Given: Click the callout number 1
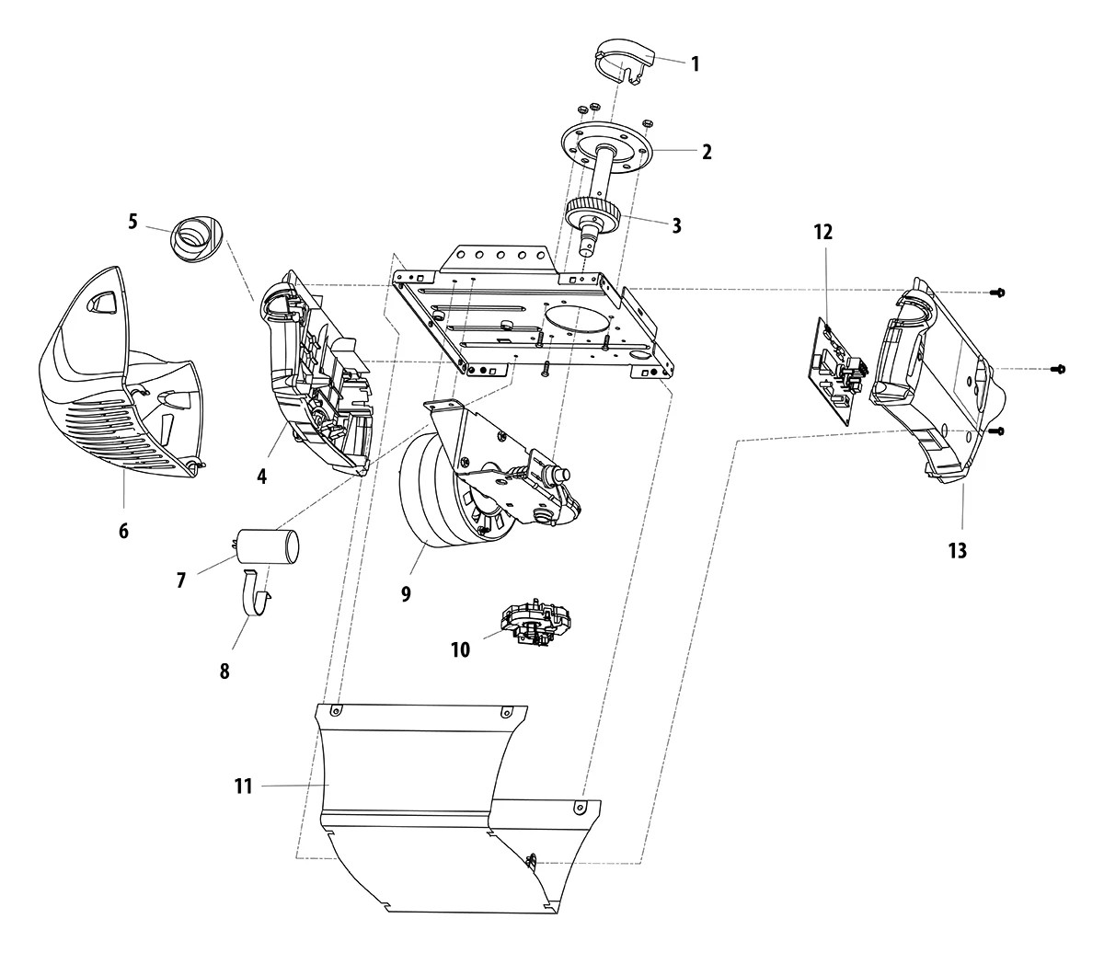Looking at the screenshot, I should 695,63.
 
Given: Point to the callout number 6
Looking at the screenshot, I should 123,531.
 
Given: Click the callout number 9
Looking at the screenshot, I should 405,593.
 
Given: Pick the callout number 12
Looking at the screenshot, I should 822,233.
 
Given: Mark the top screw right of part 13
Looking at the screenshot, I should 998,293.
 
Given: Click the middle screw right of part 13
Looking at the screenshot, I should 1057,369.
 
